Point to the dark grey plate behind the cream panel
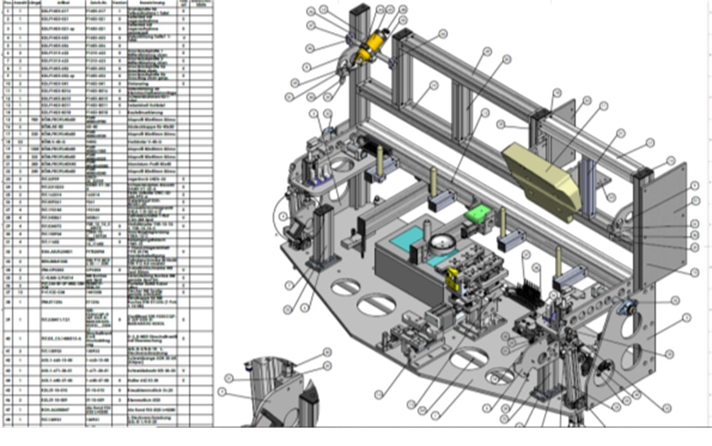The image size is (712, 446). (x=562, y=121)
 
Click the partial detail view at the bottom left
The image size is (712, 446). (x=280, y=394)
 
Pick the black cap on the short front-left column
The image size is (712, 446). (x=323, y=210)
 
